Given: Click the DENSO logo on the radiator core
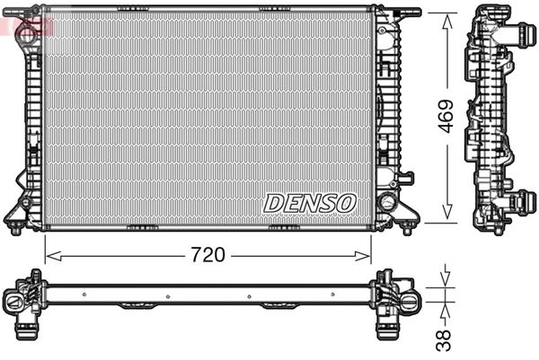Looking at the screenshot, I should click(310, 203).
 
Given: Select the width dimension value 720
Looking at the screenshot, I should click(208, 255).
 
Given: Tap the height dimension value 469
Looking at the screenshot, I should click(446, 115).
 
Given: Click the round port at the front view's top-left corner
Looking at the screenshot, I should click(27, 33).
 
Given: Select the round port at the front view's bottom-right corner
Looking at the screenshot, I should click(388, 201).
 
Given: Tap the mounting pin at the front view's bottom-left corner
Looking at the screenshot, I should click(15, 228).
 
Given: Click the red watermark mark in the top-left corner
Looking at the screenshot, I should click(18, 22).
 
